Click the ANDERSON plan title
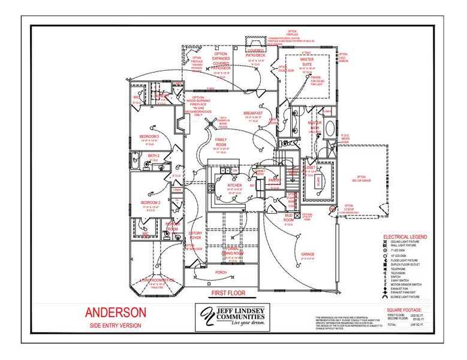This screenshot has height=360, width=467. click(x=115, y=313)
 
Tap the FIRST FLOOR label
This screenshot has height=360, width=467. click(x=228, y=293)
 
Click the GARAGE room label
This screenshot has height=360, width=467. click(x=308, y=254)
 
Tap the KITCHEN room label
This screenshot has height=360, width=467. click(x=234, y=186)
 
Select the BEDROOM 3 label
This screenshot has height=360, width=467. click(x=149, y=136)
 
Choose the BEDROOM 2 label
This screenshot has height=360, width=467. click(x=149, y=203)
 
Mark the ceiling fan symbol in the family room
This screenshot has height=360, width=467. click(x=210, y=122)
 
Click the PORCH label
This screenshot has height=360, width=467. click(x=221, y=272)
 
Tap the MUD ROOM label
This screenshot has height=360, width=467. click(x=288, y=220)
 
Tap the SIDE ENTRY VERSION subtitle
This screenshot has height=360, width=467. click(x=115, y=326)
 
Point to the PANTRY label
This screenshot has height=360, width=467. click(x=275, y=180)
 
